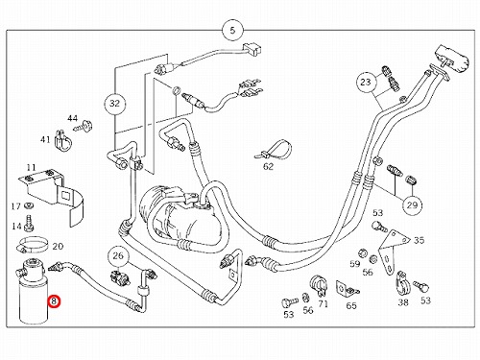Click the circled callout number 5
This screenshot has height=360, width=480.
click(232, 31)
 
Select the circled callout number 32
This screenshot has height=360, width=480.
click(114, 104)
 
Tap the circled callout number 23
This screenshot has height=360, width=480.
click(366, 82)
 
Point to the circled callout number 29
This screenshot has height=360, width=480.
click(412, 204)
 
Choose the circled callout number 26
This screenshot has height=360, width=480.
click(118, 255)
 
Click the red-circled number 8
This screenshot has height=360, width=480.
click(54, 300)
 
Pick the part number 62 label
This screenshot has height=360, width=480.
click(268, 166)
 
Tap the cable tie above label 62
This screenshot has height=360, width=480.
click(274, 150)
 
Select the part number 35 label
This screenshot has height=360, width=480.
click(420, 240)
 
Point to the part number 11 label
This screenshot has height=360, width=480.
click(31, 167)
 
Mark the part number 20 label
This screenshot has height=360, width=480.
click(58, 246)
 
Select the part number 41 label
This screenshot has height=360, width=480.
click(45, 139)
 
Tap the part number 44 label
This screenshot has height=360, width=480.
click(72, 118)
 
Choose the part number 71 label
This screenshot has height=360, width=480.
click(324, 303)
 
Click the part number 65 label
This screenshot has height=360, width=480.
click(351, 305)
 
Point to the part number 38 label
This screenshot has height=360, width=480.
click(403, 301)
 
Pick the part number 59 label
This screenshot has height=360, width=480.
click(355, 264)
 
